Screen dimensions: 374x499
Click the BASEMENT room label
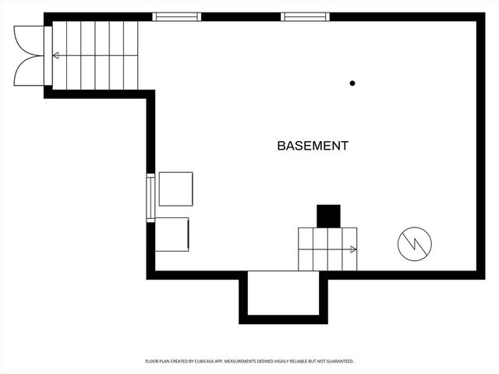click(313, 146)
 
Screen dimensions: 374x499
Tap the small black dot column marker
click(352, 83)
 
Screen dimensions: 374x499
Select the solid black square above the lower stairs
click(328, 216)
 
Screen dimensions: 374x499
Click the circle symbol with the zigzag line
click(413, 244)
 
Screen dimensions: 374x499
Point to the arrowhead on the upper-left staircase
click(55, 55)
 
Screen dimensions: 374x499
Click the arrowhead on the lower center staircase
click(353, 249)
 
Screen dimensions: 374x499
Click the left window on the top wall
click(176, 16)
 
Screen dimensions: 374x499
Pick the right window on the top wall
click(306, 16)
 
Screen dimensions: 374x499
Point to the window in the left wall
click(150, 198)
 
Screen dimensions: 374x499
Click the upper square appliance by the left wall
click(175, 189)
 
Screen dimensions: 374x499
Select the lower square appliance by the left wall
click(172, 234)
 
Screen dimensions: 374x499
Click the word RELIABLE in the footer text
click(299, 362)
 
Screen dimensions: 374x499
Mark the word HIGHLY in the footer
click(280, 362)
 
